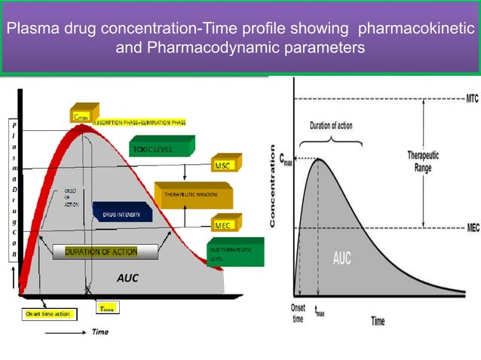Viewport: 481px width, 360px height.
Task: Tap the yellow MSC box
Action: pyautogui.click(x=222, y=165)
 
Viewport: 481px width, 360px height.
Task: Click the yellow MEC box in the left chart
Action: pyautogui.click(x=222, y=225)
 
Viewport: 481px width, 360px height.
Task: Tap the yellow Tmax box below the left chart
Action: pyautogui.click(x=108, y=309)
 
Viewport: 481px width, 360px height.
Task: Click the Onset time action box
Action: pyautogui.click(x=48, y=314)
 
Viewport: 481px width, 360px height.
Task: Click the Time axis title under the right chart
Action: pyautogui.click(x=378, y=321)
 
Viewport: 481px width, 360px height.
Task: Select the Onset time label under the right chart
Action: pyautogui.click(x=299, y=313)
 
